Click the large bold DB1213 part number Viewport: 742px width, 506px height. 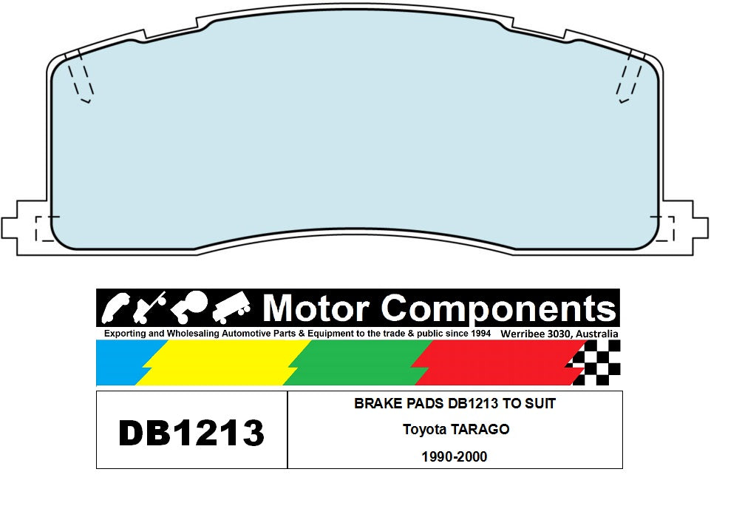(191, 433)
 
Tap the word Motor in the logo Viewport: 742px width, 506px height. (316, 309)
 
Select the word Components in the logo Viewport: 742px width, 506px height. (498, 310)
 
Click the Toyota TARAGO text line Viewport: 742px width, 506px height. (456, 429)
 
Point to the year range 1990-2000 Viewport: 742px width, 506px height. (455, 456)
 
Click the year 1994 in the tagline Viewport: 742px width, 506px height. (481, 333)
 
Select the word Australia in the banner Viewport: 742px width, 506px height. (596, 334)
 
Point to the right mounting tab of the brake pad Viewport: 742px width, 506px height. (685, 228)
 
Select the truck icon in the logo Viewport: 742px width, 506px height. (231, 308)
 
